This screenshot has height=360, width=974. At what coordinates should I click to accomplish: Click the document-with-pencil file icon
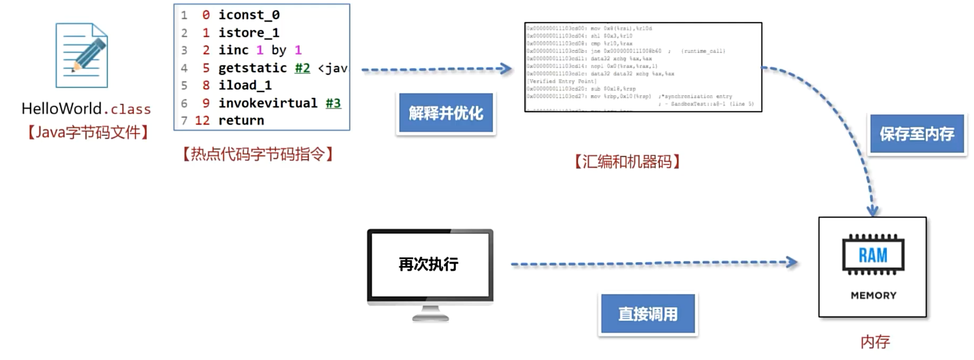(x=82, y=55)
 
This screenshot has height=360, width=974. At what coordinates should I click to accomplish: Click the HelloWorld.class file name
(x=86, y=108)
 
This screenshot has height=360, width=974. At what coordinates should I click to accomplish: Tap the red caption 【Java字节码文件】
(x=88, y=132)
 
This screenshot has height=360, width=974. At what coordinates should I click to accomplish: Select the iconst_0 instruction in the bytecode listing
(x=249, y=15)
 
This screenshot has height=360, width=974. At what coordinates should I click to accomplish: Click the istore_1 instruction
(x=248, y=33)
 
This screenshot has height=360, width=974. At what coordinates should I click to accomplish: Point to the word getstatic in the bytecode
(x=252, y=68)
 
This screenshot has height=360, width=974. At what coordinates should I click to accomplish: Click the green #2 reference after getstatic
(x=302, y=68)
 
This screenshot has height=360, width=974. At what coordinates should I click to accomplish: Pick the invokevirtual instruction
(x=268, y=103)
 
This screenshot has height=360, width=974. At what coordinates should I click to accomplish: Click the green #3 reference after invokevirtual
(x=333, y=103)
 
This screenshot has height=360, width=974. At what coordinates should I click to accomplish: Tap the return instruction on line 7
(x=241, y=120)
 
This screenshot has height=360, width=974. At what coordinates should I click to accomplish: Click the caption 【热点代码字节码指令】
(x=258, y=154)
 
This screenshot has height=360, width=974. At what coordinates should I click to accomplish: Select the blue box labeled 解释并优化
(x=446, y=113)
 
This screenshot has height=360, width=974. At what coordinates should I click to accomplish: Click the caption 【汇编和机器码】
(x=627, y=162)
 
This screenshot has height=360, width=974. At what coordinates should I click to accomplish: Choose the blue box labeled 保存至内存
(x=917, y=134)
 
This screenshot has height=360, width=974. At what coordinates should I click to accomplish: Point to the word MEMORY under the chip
(x=873, y=295)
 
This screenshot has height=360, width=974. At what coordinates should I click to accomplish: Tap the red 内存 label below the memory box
(x=875, y=342)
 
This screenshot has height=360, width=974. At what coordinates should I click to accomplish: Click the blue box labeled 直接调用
(x=648, y=314)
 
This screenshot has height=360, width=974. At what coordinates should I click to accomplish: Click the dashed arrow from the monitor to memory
(x=654, y=263)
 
